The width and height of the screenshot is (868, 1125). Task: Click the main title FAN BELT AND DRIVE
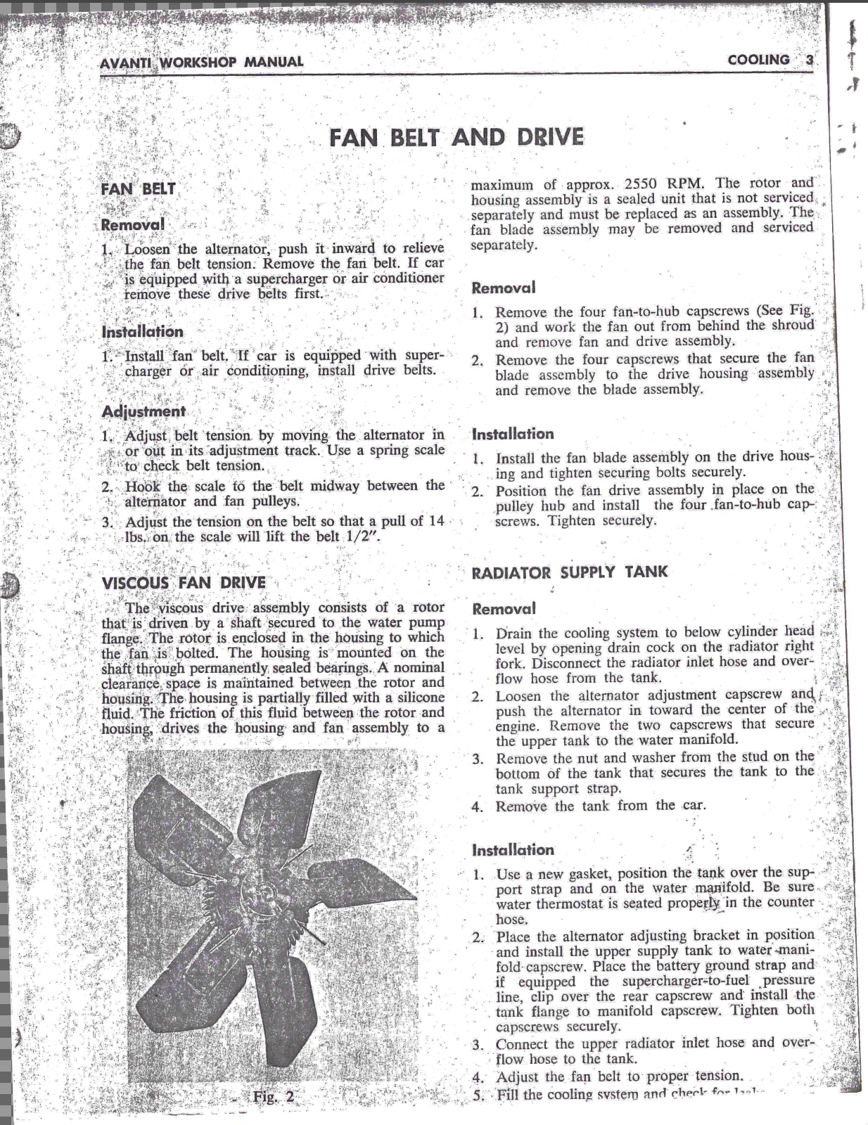click(x=457, y=136)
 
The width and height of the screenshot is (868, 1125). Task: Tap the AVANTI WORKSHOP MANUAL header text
click(x=202, y=62)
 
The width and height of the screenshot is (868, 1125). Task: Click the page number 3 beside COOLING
click(x=809, y=60)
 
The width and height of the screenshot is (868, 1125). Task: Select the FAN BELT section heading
click(x=139, y=188)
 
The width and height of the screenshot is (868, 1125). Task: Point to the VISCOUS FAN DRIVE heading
click(x=184, y=583)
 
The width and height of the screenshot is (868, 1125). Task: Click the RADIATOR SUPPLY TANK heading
click(x=569, y=572)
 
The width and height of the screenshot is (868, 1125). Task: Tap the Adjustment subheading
click(x=143, y=411)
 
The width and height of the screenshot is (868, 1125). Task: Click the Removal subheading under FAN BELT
click(x=133, y=225)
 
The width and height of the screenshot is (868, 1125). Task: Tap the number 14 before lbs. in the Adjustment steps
click(x=436, y=521)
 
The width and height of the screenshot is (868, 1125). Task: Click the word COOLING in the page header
click(x=759, y=60)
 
